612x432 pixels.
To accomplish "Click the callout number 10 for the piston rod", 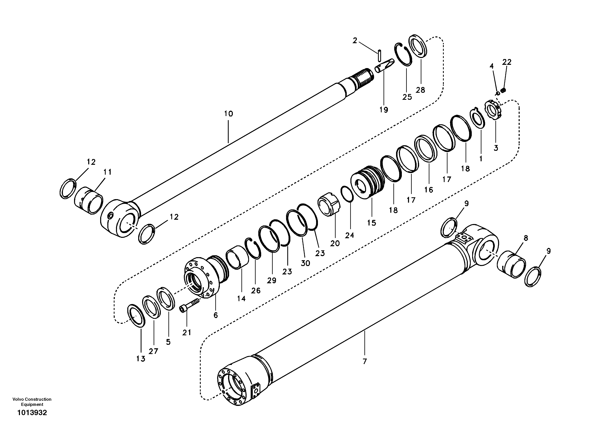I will point(228,114).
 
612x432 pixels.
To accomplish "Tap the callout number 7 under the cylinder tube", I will point(365,362).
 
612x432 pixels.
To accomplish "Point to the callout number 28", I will point(420,90).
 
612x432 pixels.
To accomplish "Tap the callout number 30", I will point(305,263).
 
